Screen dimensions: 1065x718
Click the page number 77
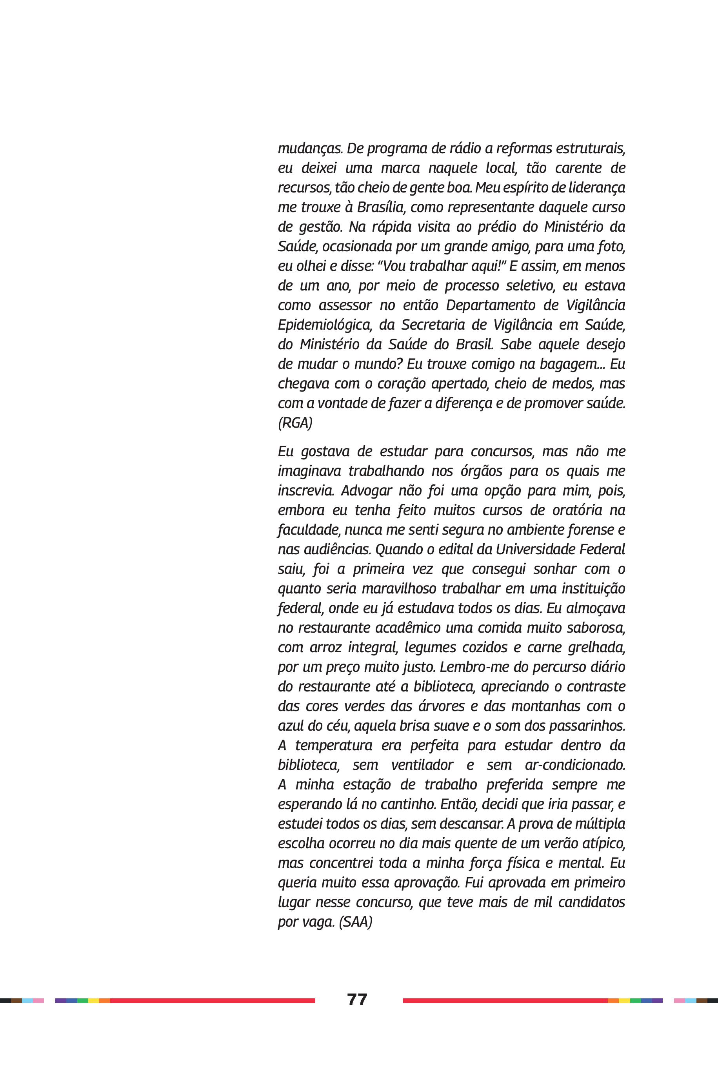(x=357, y=999)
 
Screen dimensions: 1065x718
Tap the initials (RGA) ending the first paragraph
(x=295, y=423)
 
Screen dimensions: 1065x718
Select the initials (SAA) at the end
(x=355, y=922)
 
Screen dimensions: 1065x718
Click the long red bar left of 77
(x=213, y=1000)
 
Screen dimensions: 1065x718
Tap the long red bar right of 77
(x=505, y=1000)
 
